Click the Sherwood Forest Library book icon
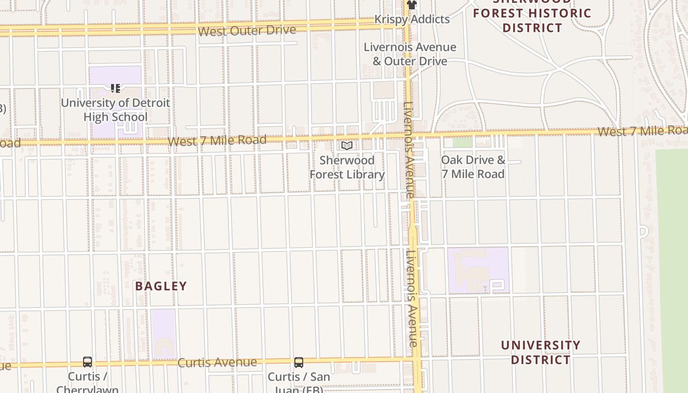347,145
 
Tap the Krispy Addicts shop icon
411,5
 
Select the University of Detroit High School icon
115,88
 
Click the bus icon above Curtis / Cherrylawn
87,362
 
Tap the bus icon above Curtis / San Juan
299,363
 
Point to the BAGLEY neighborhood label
161,286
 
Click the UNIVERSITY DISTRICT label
541,352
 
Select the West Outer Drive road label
247,30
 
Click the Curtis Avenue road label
217,363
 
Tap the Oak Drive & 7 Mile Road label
473,167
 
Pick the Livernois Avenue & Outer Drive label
410,54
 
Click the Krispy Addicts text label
412,19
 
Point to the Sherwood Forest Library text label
347,167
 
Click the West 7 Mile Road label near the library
217,140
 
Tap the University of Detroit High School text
115,110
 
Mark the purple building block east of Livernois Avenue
478,270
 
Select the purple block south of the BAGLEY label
163,334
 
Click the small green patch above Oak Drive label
462,142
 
